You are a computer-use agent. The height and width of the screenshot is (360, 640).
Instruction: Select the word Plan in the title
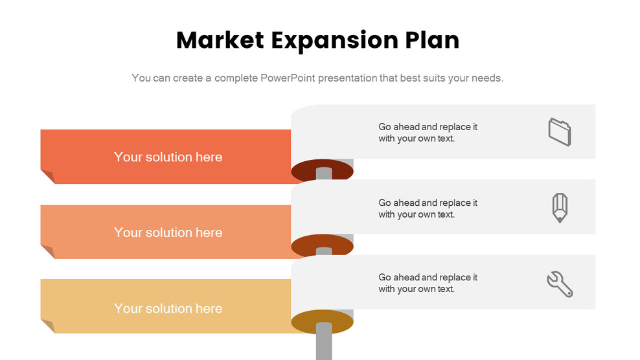pyautogui.click(x=432, y=40)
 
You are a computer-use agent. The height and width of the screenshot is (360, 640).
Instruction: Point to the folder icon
pyautogui.click(x=560, y=131)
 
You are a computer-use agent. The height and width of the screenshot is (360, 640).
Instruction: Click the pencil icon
pyautogui.click(x=560, y=208)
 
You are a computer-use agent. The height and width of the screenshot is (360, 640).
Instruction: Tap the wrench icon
pyautogui.click(x=560, y=284)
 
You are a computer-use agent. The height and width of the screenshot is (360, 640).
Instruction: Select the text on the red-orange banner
pyautogui.click(x=168, y=157)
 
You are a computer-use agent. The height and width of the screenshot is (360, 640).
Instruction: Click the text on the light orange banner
pyautogui.click(x=168, y=233)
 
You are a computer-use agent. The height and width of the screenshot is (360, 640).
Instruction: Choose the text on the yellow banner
pyautogui.click(x=168, y=309)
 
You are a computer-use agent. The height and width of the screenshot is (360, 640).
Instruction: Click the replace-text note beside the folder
pyautogui.click(x=428, y=133)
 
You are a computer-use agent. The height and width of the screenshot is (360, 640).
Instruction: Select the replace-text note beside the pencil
pyautogui.click(x=428, y=208)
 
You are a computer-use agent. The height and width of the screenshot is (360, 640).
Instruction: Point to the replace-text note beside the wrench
pyautogui.click(x=428, y=283)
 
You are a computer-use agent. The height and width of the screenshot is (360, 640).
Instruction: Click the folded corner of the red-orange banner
pyautogui.click(x=47, y=177)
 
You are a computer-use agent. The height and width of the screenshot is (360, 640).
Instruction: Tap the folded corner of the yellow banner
pyautogui.click(x=47, y=326)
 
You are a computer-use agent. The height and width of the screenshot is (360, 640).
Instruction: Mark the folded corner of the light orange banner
pyautogui.click(x=47, y=252)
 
